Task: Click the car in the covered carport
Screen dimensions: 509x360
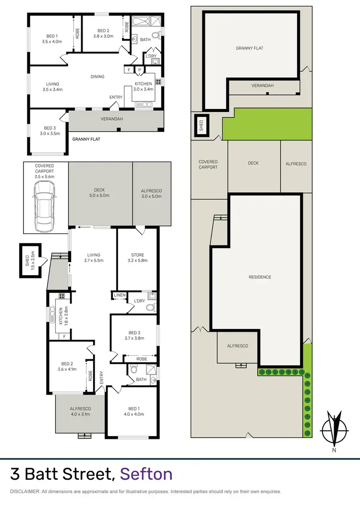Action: click(44, 206)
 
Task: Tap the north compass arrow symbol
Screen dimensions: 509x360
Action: click(334, 427)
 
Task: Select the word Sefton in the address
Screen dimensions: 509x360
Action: click(146, 474)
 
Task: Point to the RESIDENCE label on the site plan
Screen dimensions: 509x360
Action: click(260, 277)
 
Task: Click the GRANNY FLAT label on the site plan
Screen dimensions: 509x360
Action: click(249, 48)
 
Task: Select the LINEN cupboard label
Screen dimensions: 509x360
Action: click(119, 295)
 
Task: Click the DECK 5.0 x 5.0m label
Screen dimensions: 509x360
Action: click(100, 193)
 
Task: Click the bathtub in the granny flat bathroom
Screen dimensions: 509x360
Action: click(141, 22)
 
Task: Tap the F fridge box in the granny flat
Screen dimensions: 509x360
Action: click(128, 70)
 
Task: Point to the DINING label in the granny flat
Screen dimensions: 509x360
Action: click(97, 76)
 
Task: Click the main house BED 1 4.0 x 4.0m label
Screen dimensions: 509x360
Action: click(132, 403)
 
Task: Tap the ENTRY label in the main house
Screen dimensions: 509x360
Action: click(101, 377)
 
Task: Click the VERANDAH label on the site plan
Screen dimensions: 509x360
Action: click(262, 85)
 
